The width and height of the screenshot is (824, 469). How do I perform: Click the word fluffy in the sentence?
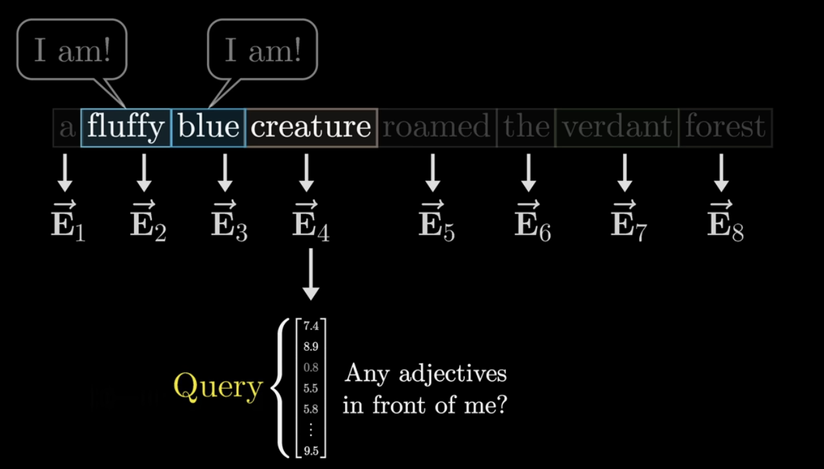coord(126,127)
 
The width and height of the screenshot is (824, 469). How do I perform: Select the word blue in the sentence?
coord(209,127)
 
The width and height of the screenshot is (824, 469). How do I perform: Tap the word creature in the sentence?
coord(311,127)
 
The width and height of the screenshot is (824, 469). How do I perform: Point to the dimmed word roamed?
coord(436,127)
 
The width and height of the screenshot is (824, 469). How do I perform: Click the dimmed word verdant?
coord(617,127)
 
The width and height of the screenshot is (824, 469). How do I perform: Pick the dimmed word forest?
coord(725,127)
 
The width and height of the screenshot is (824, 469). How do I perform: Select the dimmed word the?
coord(527,127)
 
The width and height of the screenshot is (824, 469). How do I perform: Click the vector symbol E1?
coord(68,221)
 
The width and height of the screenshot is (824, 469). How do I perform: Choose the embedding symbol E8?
coord(725,221)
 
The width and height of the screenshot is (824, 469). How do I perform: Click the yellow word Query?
coord(217,388)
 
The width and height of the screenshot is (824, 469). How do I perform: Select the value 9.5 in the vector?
coord(311,451)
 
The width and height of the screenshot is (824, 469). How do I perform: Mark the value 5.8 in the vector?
coord(311,409)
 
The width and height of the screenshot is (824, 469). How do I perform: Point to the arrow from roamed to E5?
coord(432,173)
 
